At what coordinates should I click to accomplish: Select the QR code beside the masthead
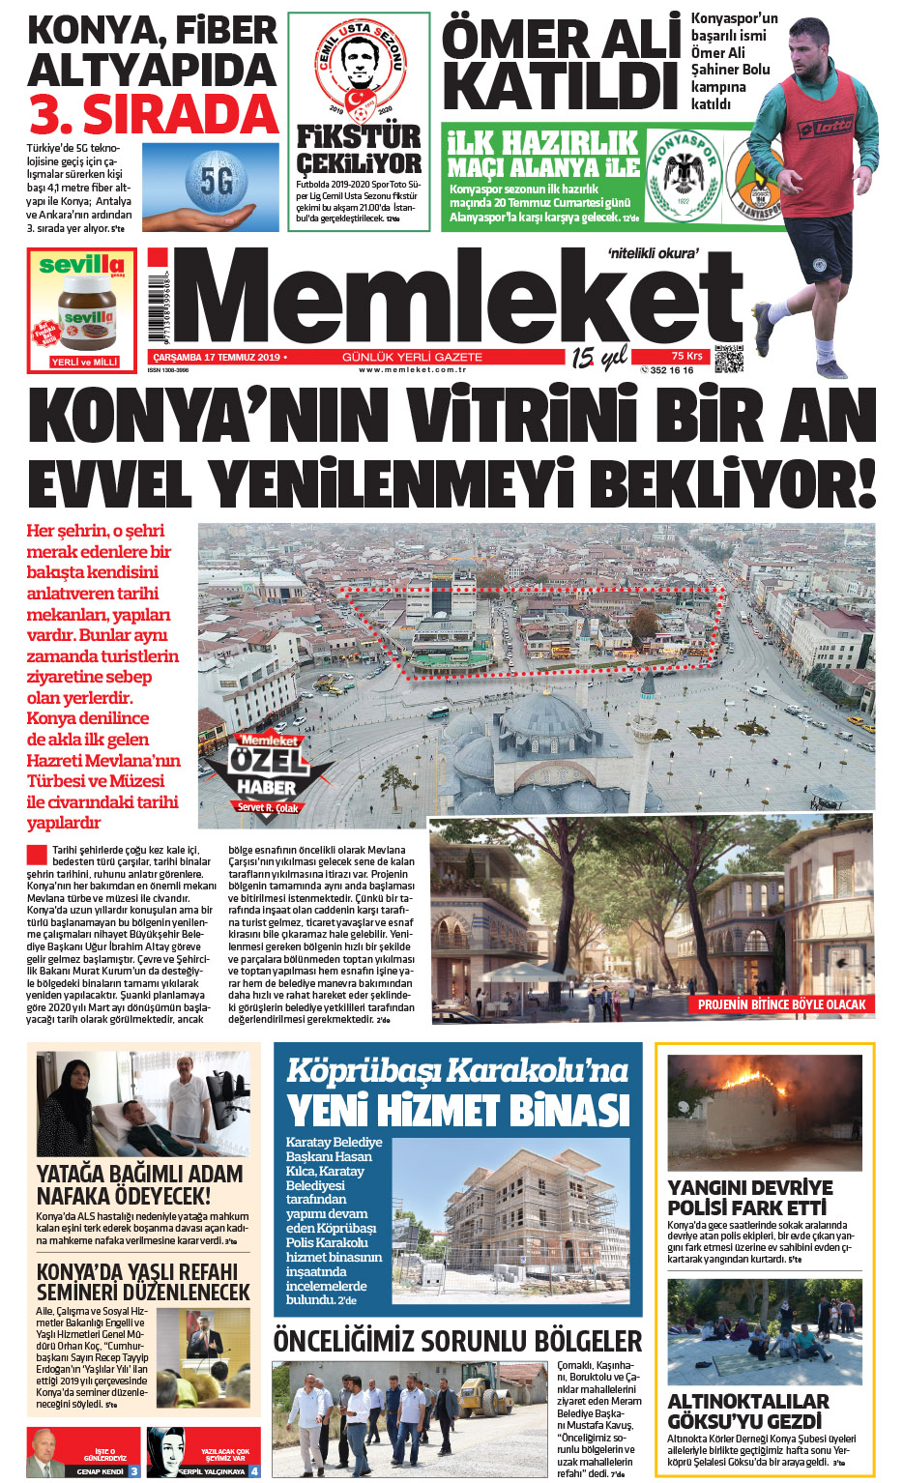[729, 359]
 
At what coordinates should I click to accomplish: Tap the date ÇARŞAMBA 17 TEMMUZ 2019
[218, 358]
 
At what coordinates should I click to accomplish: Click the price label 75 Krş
[687, 356]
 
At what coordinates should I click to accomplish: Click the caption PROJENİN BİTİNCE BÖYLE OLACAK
[781, 1004]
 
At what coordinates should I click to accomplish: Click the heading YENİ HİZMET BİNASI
[458, 1109]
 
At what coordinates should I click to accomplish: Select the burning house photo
[764, 1113]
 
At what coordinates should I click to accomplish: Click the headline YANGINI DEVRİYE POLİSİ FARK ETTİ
[749, 1197]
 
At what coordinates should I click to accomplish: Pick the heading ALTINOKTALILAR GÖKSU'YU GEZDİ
[747, 1410]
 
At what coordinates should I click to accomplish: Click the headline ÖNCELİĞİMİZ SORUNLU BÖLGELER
[457, 1341]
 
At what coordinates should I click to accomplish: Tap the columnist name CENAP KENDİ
[101, 1471]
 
